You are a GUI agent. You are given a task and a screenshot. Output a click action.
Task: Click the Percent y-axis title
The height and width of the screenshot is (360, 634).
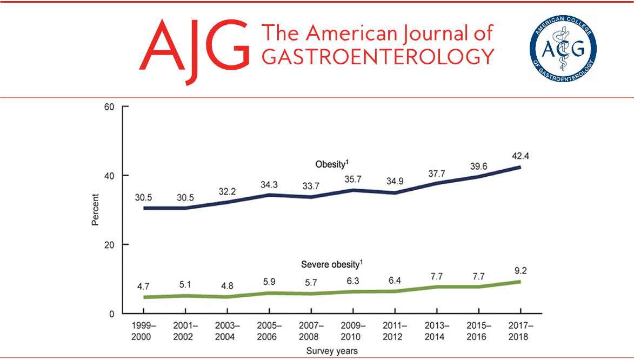[x=96, y=210]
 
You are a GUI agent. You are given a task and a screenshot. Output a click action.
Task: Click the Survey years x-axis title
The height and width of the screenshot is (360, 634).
[x=331, y=351]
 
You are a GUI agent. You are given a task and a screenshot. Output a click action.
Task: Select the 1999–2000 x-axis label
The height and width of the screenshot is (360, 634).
[x=144, y=331]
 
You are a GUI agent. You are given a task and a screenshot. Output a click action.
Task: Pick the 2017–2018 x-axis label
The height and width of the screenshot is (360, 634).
[x=520, y=331]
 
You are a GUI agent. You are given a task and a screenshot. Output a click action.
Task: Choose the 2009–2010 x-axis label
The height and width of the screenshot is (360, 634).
[x=352, y=331]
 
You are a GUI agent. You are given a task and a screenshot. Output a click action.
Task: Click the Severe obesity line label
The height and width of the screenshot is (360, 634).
[x=331, y=264]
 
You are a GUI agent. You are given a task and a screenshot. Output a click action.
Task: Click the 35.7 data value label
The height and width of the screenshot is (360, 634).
[x=352, y=179]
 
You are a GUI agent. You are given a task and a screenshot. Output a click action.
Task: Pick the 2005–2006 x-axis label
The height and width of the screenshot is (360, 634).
[x=269, y=331]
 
